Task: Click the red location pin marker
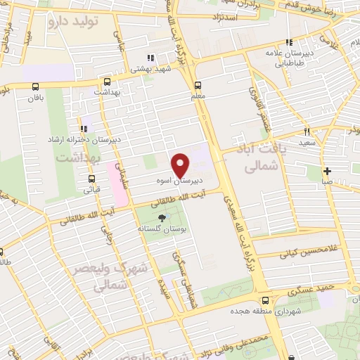(x=181, y=165)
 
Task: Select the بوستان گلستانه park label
(x=160, y=229)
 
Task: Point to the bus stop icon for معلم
(x=196, y=86)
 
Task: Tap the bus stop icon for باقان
(x=35, y=86)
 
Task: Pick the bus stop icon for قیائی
(x=91, y=179)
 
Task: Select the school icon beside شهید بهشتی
(x=149, y=58)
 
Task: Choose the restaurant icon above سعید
(x=307, y=131)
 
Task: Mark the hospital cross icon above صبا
(x=327, y=171)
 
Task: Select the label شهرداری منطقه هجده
(x=270, y=310)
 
